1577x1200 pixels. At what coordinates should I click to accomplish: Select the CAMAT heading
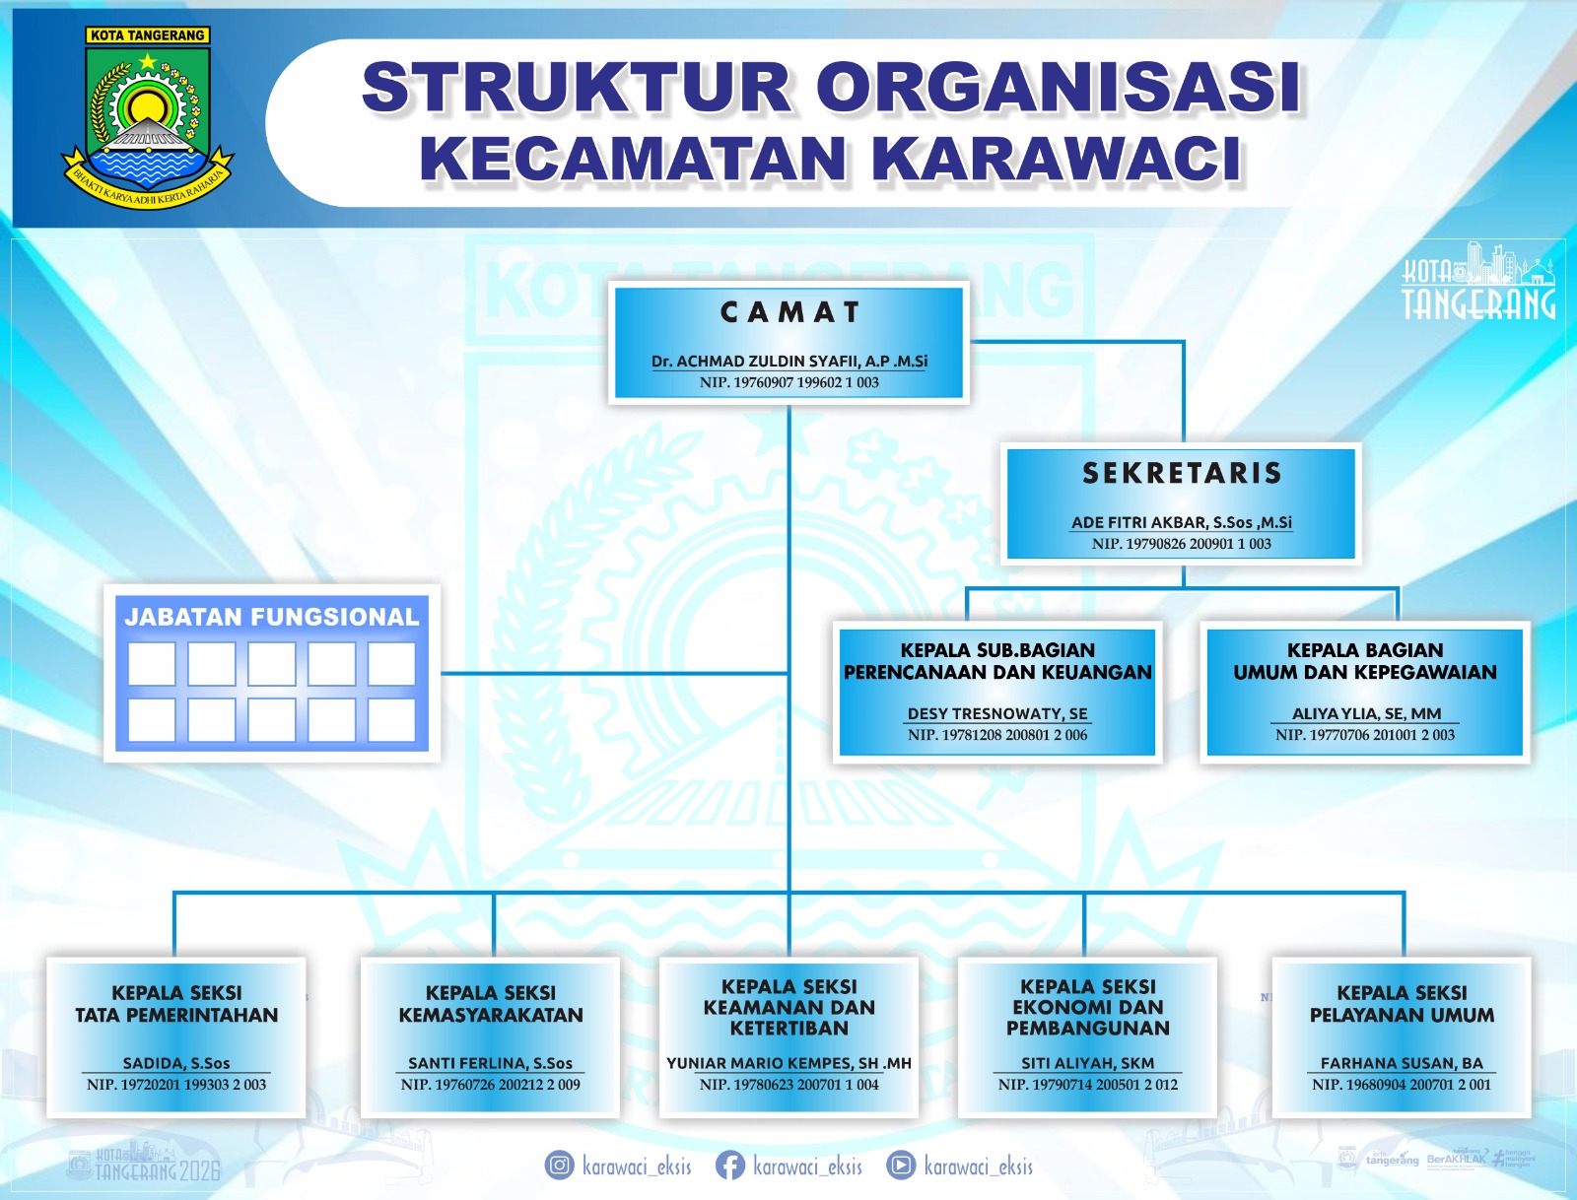point(790,312)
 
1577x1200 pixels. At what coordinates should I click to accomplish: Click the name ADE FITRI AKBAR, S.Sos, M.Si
point(1181,522)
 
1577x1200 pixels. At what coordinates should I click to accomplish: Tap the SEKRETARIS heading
point(1182,474)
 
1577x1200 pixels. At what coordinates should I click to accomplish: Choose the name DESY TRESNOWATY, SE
point(997,713)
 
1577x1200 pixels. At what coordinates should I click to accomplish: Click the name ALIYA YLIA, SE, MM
point(1366,713)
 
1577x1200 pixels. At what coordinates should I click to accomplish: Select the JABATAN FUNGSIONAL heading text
point(271,617)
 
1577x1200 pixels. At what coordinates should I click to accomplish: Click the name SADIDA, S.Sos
point(176,1063)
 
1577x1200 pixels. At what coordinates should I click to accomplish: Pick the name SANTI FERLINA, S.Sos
point(490,1063)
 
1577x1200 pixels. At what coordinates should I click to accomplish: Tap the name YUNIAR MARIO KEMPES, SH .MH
point(788,1063)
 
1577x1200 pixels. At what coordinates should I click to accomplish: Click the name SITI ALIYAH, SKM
point(1087,1063)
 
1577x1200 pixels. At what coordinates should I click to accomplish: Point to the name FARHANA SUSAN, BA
point(1402,1063)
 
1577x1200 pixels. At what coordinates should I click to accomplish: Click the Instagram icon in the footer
point(559,1166)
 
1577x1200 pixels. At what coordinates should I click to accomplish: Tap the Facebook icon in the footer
point(730,1166)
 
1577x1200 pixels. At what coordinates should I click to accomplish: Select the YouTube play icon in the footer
point(900,1166)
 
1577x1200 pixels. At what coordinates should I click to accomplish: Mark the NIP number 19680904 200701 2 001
point(1402,1085)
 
